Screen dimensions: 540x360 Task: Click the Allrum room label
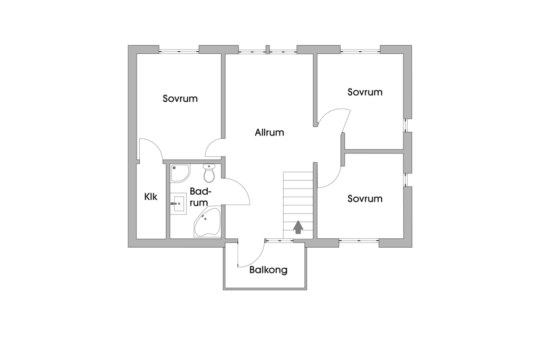[269, 132]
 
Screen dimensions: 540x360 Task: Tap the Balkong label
[268, 270]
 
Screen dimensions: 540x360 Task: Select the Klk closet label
[150, 197]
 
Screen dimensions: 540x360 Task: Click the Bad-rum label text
[200, 197]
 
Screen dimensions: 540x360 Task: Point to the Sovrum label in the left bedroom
[180, 99]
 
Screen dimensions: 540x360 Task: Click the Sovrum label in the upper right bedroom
[365, 92]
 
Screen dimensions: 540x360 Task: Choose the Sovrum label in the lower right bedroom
[365, 199]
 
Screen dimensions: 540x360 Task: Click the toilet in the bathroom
[209, 173]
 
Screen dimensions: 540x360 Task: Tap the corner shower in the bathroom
[180, 173]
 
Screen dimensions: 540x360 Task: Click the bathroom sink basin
[179, 204]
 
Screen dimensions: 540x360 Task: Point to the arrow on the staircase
[298, 227]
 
